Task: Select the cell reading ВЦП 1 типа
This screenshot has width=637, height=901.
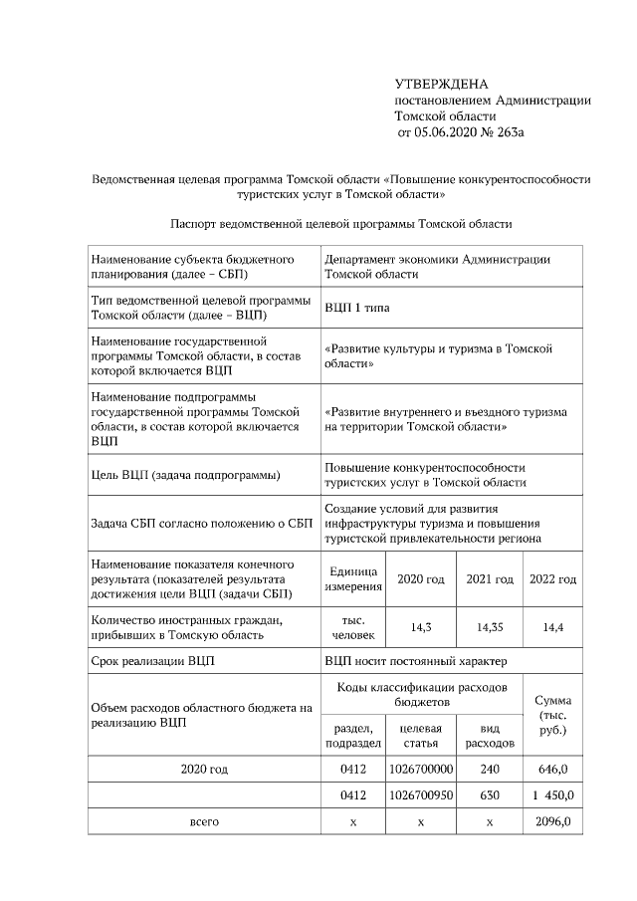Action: coord(357,309)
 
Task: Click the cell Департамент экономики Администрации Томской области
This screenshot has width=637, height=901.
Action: coord(437,266)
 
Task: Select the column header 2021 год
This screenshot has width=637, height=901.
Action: coord(489,579)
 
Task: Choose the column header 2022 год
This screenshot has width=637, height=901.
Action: coord(553,579)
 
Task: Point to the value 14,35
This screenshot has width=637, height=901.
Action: coord(489,628)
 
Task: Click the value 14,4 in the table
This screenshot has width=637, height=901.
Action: coord(553,628)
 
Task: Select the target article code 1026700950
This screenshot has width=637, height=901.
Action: coord(421,795)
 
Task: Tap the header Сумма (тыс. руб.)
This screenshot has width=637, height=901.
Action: coord(552,715)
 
